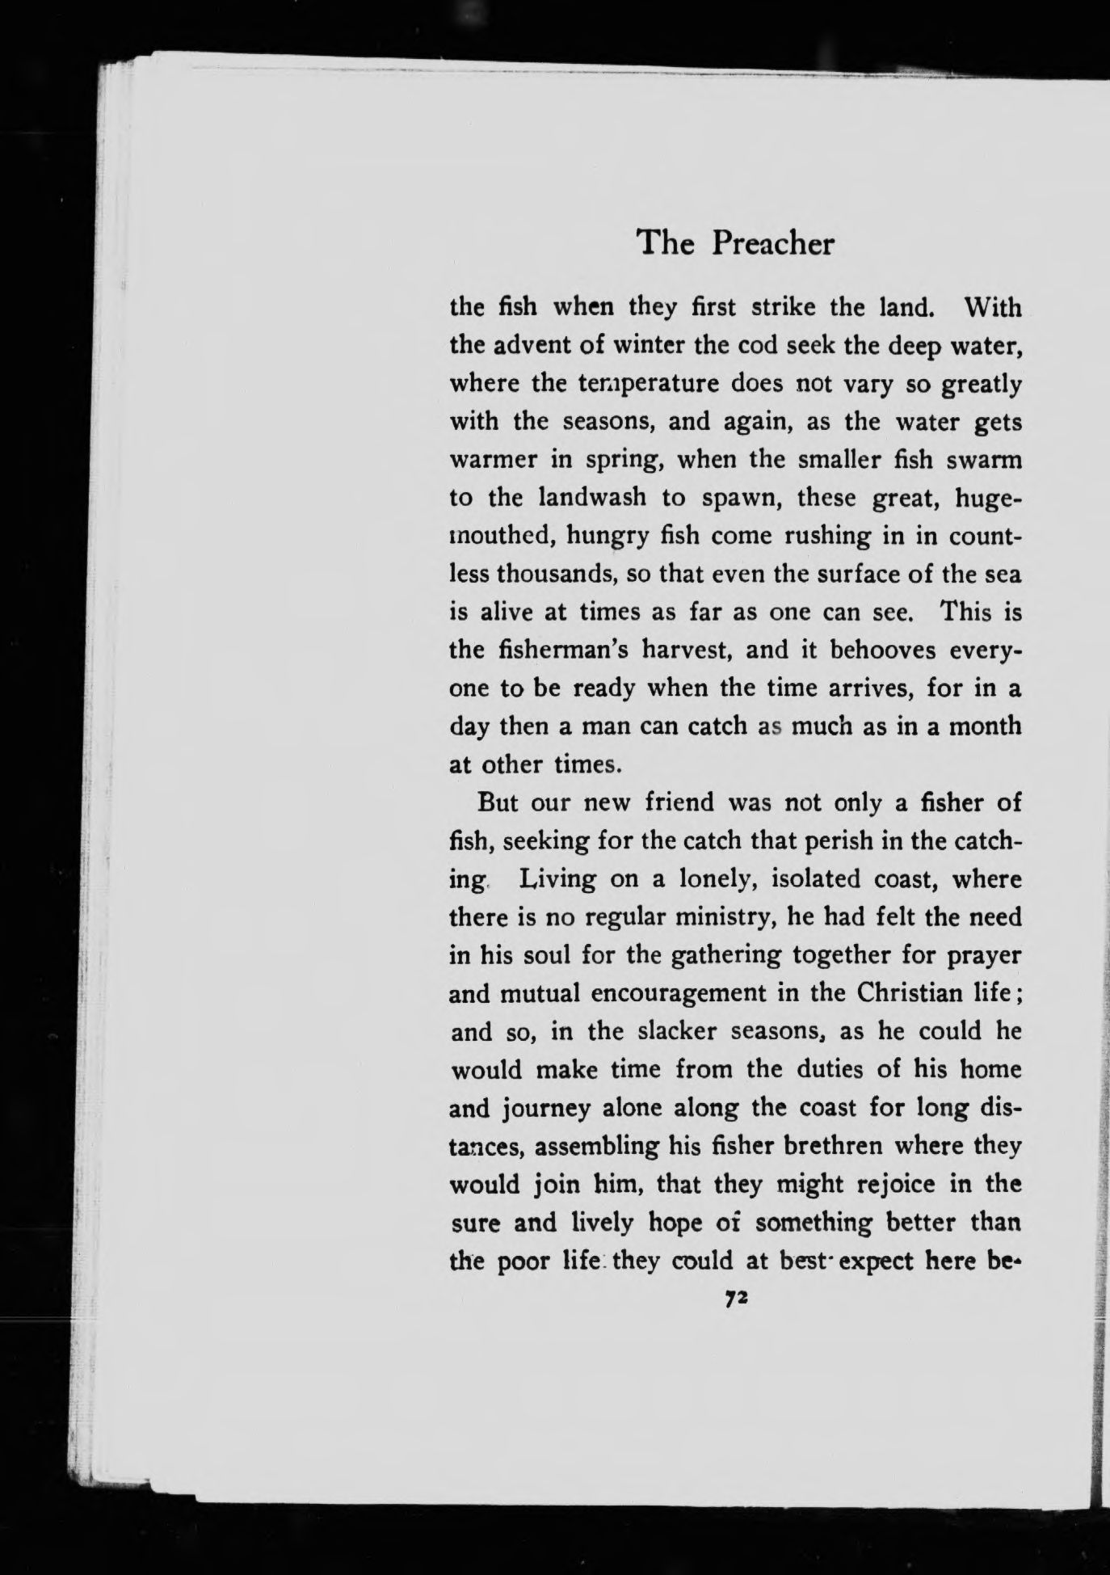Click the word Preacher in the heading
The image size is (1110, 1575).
click(x=772, y=243)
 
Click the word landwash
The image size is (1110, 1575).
click(x=592, y=497)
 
